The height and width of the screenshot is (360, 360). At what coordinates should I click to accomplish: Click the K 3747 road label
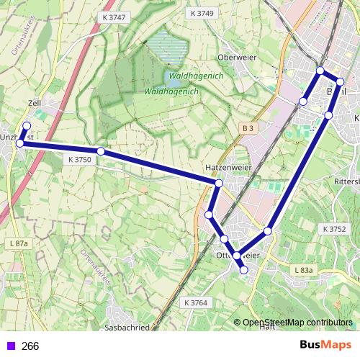pyautogui.click(x=114, y=17)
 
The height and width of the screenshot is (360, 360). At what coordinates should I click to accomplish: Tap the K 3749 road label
pyautogui.click(x=202, y=14)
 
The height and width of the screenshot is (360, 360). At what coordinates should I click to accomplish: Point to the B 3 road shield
pyautogui.click(x=248, y=128)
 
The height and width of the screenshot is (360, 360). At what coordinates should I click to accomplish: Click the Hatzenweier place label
pyautogui.click(x=221, y=167)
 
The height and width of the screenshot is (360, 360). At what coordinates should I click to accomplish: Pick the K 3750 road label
pyautogui.click(x=79, y=160)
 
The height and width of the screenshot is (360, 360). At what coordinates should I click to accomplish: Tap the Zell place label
pyautogui.click(x=34, y=104)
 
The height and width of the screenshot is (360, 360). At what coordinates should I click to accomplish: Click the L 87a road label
pyautogui.click(x=19, y=245)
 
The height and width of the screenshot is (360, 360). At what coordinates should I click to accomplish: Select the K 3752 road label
pyautogui.click(x=335, y=229)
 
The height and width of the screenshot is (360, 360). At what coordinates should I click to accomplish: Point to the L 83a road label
pyautogui.click(x=305, y=270)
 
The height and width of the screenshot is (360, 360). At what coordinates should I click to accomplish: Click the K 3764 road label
pyautogui.click(x=195, y=303)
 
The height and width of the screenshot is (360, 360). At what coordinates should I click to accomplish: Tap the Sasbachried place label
pyautogui.click(x=126, y=327)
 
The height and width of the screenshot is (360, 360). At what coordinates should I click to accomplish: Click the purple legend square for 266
pyautogui.click(x=9, y=346)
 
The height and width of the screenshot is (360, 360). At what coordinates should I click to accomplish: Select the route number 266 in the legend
pyautogui.click(x=30, y=346)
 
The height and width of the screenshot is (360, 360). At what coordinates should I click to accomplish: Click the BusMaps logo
pyautogui.click(x=326, y=346)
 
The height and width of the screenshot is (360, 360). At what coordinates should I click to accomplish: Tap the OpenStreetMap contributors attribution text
pyautogui.click(x=297, y=323)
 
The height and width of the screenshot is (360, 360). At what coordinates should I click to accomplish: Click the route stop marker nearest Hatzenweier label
pyautogui.click(x=218, y=184)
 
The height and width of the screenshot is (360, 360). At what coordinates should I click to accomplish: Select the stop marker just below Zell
pyautogui.click(x=27, y=126)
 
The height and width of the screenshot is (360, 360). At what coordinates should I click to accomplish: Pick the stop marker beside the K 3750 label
pyautogui.click(x=101, y=151)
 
